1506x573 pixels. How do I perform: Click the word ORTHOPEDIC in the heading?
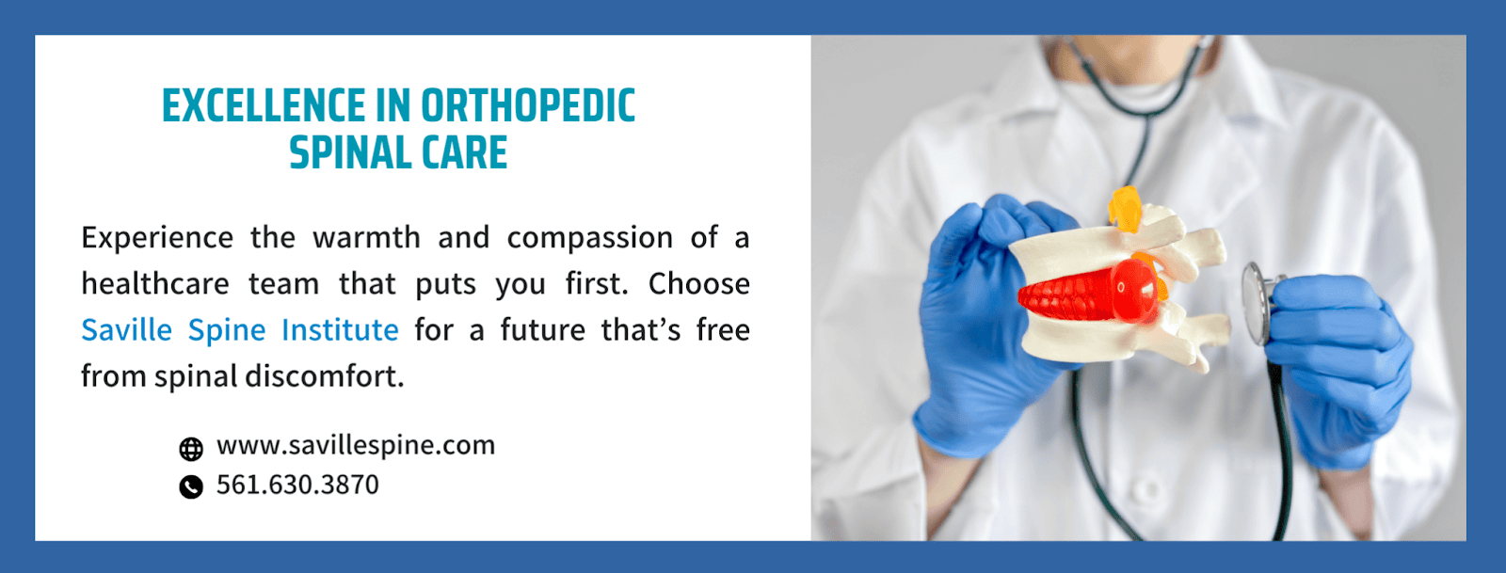528,106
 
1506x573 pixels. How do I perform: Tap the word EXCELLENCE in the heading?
263,106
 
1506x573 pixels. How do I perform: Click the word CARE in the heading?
465,152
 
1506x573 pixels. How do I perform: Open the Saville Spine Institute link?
240,330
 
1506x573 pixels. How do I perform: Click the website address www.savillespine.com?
356,445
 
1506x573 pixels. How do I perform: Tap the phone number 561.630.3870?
297,485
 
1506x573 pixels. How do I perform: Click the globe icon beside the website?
191,449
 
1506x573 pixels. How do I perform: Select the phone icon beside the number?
191,487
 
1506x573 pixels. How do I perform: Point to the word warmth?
366,238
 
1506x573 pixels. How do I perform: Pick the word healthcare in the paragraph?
155,284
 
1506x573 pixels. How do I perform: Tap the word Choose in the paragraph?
699,284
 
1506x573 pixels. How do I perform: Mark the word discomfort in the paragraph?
325,376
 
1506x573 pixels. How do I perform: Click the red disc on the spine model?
1089,293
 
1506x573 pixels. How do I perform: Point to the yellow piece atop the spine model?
1125,210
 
